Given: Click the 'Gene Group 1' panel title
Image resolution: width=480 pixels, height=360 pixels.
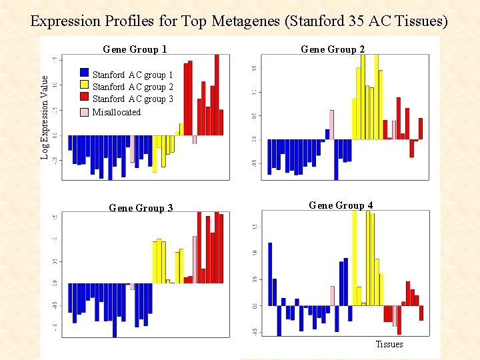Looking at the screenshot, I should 135,49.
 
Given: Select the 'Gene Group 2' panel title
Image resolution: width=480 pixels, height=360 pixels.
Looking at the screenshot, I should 333,49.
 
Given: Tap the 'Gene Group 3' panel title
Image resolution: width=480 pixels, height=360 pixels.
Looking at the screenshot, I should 141,208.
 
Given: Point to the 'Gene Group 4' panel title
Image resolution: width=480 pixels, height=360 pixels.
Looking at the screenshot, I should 341,205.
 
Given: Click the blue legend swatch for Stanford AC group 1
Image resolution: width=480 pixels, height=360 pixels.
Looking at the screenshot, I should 84,73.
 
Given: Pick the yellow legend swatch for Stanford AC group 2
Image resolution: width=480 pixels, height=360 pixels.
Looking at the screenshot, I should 84,85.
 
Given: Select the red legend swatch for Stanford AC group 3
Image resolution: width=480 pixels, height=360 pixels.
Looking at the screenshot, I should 84,98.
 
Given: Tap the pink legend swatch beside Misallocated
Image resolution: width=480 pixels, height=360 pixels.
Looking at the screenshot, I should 84,111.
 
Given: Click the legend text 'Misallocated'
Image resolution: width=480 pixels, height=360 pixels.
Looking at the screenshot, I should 117,112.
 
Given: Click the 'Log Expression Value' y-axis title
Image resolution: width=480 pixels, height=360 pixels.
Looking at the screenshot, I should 45,117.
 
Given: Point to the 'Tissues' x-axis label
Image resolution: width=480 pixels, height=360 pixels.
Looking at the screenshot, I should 389,344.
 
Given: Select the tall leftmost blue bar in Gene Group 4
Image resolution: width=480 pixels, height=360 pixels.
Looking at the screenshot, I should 270,273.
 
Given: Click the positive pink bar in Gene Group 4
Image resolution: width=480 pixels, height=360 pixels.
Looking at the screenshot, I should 332,295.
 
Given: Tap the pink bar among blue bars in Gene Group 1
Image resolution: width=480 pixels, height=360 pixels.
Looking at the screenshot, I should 133,149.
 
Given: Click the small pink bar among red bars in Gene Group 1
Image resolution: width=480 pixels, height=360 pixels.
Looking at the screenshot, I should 195,139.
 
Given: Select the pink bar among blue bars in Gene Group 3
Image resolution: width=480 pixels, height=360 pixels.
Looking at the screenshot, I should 133,286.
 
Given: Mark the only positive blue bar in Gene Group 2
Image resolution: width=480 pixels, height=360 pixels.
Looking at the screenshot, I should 327,133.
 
